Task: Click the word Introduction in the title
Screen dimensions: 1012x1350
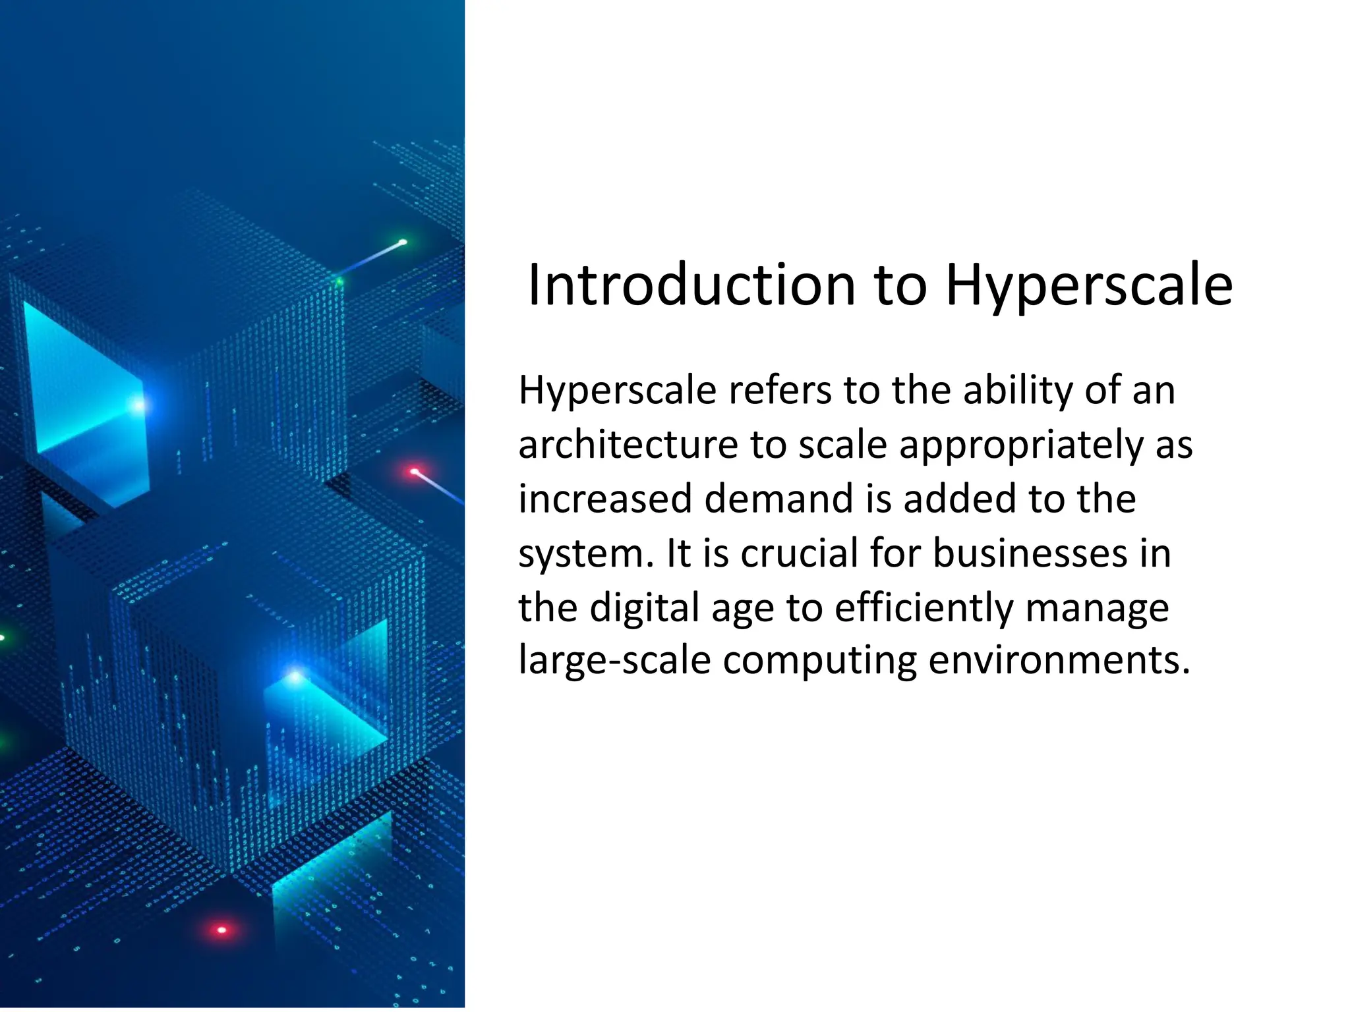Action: pyautogui.click(x=691, y=285)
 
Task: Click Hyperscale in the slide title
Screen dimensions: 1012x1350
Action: pyautogui.click(x=1089, y=287)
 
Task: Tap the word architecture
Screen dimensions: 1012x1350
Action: pyautogui.click(x=628, y=445)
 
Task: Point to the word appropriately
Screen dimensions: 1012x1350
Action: pyautogui.click(x=1021, y=446)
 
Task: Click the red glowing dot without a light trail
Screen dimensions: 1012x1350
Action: pyautogui.click(x=221, y=930)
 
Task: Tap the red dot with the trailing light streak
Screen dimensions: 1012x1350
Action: pyautogui.click(x=415, y=472)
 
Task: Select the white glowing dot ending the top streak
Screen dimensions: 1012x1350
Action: pyautogui.click(x=403, y=242)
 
